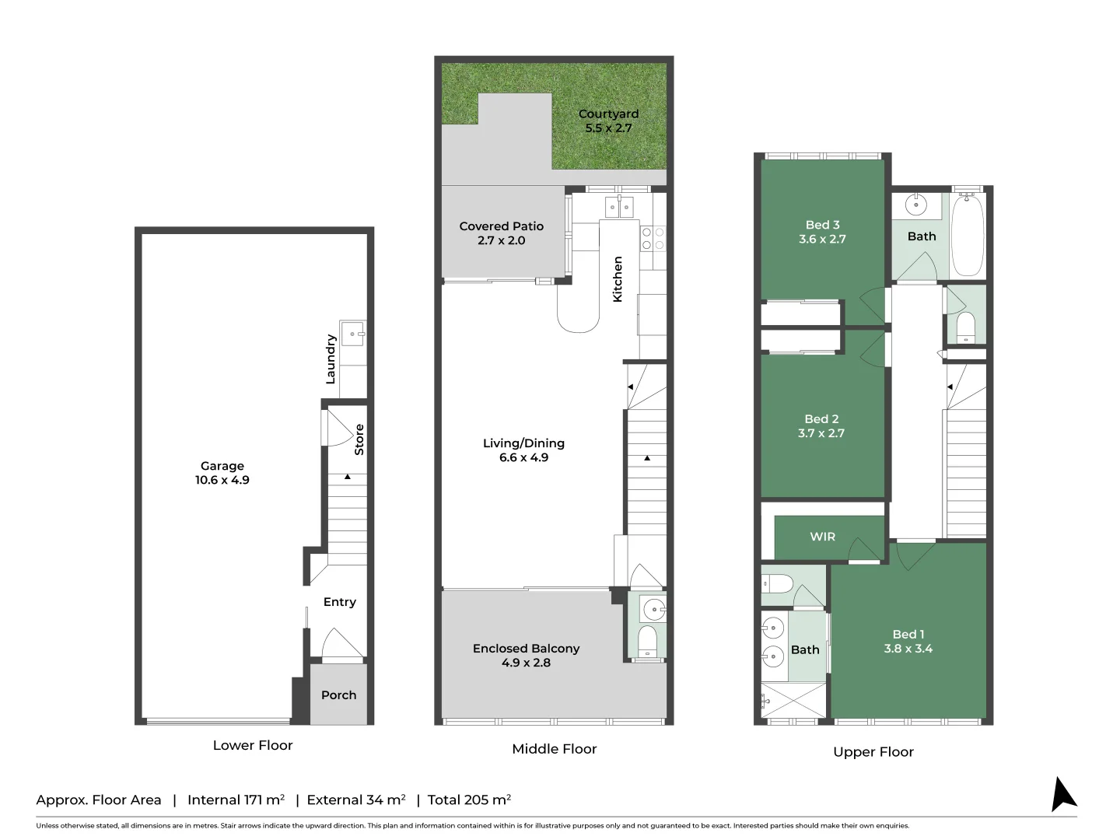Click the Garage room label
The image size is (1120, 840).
222,466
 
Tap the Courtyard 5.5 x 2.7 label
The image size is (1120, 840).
608,121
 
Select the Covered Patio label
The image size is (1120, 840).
501,226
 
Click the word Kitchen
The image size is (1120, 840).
618,279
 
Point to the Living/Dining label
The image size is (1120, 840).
523,443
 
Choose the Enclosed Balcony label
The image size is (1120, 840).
526,649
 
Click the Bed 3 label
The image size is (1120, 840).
822,225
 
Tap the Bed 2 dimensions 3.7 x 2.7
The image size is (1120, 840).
821,433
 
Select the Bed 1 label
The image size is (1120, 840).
908,635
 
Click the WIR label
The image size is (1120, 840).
822,537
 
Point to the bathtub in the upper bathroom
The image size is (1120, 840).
968,234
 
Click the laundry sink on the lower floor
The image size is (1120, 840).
353,334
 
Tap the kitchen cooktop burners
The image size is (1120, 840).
653,238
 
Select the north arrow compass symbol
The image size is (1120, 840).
1062,794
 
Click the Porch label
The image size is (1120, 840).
338,695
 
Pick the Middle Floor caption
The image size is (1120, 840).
554,749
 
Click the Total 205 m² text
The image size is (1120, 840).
469,800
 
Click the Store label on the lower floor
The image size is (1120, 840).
359,439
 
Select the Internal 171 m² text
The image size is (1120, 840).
236,800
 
